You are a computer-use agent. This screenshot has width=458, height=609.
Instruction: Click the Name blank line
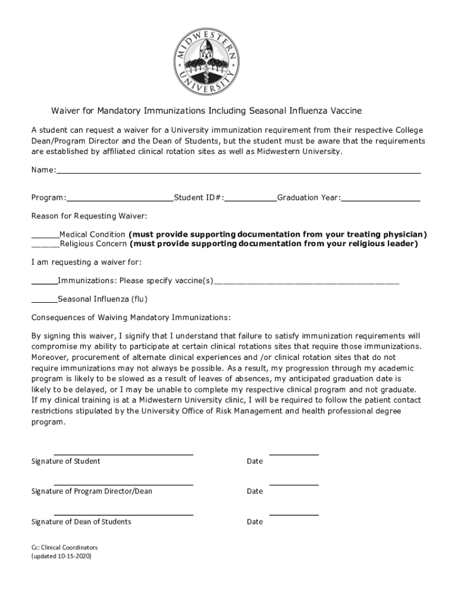coord(238,171)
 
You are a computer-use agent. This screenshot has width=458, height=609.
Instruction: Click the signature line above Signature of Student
coord(124,454)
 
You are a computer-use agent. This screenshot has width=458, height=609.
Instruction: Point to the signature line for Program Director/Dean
coord(124,485)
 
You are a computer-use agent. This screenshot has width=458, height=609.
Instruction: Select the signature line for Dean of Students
coord(124,515)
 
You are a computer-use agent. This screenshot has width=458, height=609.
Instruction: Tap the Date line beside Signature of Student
coord(294,454)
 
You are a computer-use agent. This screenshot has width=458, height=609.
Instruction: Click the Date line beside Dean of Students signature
coord(294,515)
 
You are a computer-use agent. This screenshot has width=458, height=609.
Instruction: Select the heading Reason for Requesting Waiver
coord(89,215)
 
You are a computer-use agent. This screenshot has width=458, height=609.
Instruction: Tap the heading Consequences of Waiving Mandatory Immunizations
coord(131,316)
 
